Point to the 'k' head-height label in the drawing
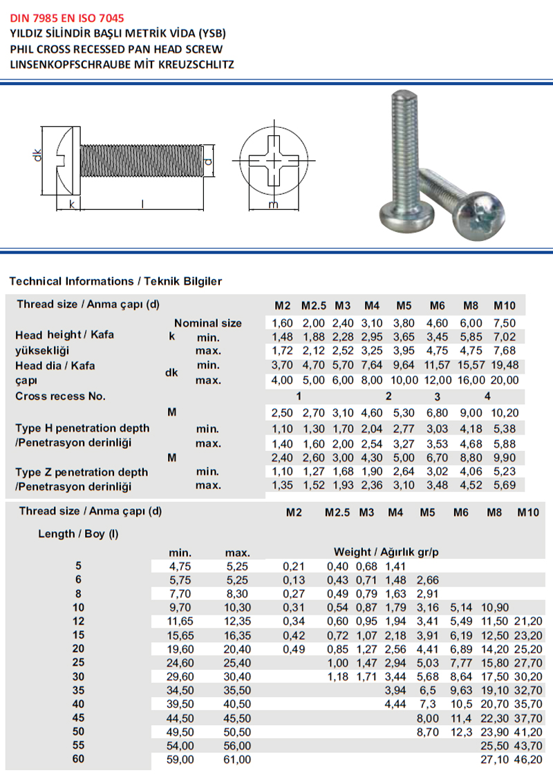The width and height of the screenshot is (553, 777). (x=71, y=203)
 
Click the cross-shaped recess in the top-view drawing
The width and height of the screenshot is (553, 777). (x=274, y=162)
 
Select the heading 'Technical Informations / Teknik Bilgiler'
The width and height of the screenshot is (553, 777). (x=115, y=281)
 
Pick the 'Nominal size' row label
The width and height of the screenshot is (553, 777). (x=207, y=323)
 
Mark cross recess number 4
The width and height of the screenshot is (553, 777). (x=487, y=396)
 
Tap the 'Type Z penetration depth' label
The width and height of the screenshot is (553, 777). (x=82, y=472)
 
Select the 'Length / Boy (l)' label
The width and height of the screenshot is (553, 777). (x=77, y=534)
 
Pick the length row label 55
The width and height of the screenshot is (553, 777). (x=77, y=745)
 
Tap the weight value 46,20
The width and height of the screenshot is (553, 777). (x=530, y=760)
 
